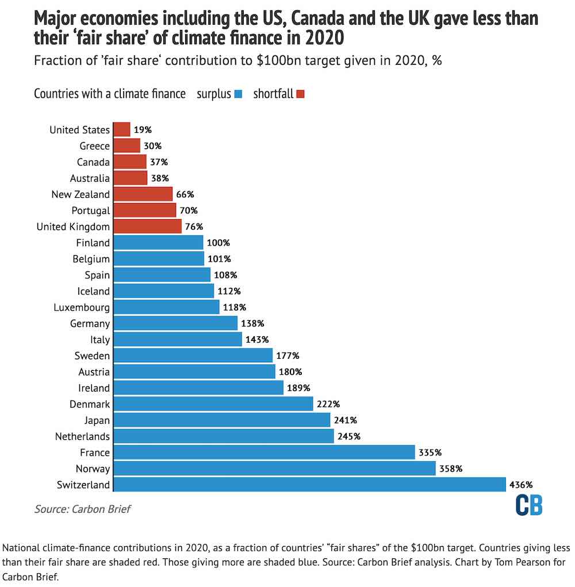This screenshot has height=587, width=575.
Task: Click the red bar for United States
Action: [x=122, y=129]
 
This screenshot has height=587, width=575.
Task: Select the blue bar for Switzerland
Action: [x=310, y=485]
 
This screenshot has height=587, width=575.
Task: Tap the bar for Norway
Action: [x=274, y=469]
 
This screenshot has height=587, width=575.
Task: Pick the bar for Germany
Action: [x=175, y=323]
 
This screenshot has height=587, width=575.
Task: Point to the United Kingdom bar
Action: [x=148, y=227]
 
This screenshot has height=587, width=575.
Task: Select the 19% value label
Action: [x=143, y=130]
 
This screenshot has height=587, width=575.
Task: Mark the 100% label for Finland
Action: [x=218, y=243]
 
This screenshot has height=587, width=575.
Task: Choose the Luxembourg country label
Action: [x=81, y=307]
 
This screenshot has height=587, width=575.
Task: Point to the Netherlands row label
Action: [x=82, y=436]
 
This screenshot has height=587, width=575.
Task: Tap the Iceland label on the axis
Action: [x=93, y=291]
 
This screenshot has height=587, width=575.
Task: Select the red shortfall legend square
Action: [x=300, y=94]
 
